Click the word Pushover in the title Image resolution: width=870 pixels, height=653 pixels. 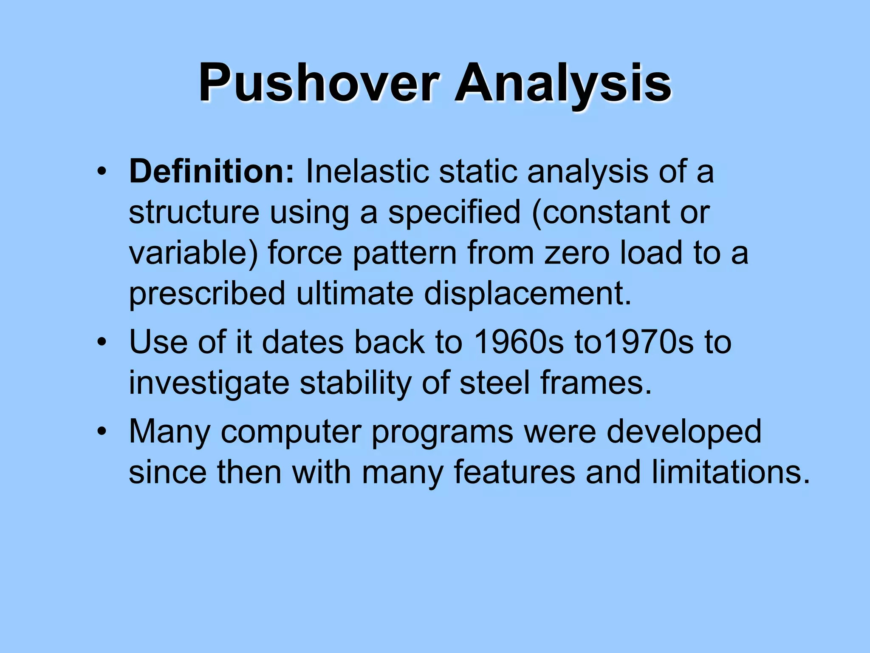[318, 83]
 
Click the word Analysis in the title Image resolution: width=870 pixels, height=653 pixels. [562, 83]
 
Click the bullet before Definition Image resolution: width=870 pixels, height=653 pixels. [101, 172]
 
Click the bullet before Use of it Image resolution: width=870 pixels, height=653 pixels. [101, 343]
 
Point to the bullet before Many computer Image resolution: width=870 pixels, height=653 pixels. [101, 432]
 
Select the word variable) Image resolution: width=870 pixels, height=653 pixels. [193, 253]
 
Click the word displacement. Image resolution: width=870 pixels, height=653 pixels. [528, 293]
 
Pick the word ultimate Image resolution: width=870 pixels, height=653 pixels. [354, 293]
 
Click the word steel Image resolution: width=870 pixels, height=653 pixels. [494, 383]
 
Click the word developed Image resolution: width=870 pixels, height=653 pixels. [684, 432]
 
